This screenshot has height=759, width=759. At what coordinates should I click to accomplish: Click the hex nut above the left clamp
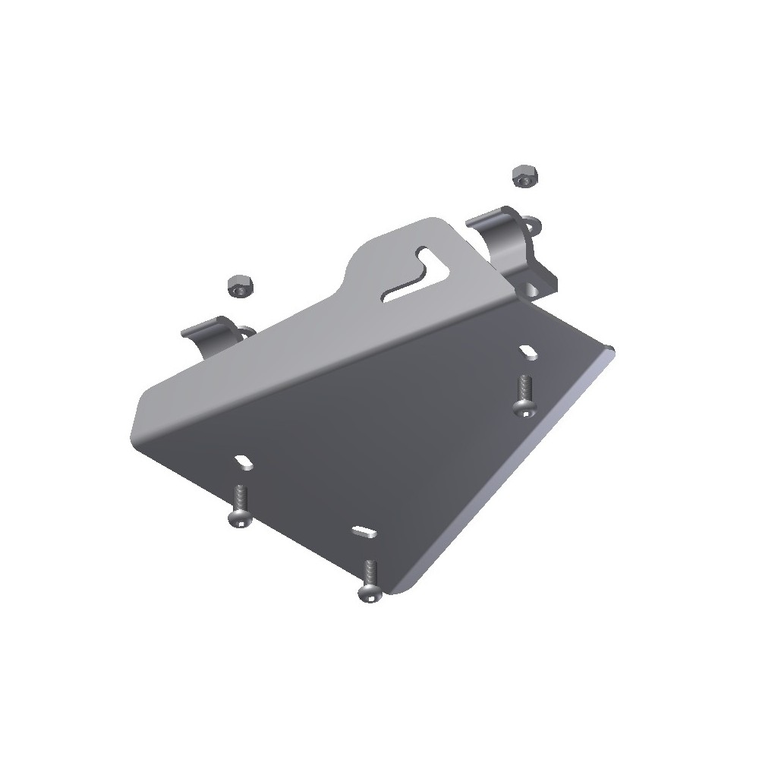pos(239,286)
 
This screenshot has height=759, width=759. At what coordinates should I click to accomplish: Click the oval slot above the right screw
pos(528,350)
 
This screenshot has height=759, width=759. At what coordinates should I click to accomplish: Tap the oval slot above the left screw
pos(244,460)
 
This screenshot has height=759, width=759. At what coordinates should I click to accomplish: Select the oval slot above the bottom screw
pos(363,529)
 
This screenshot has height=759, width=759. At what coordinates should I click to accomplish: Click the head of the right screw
pos(524,408)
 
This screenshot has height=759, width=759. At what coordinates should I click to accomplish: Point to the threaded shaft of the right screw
pos(524,389)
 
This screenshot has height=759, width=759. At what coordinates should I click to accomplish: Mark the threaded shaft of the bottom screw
pos(370,571)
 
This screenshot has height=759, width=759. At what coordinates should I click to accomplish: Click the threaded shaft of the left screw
pos(239,498)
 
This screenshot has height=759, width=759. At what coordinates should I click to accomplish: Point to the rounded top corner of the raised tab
pos(440,222)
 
